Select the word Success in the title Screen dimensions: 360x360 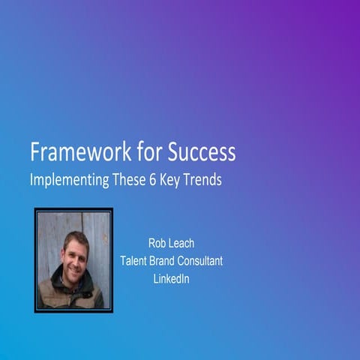tap(200, 153)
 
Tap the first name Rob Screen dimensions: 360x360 tap(157, 243)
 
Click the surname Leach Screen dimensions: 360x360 tap(184, 243)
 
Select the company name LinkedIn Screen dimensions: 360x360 tap(171, 279)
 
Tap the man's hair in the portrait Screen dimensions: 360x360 tap(75, 238)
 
